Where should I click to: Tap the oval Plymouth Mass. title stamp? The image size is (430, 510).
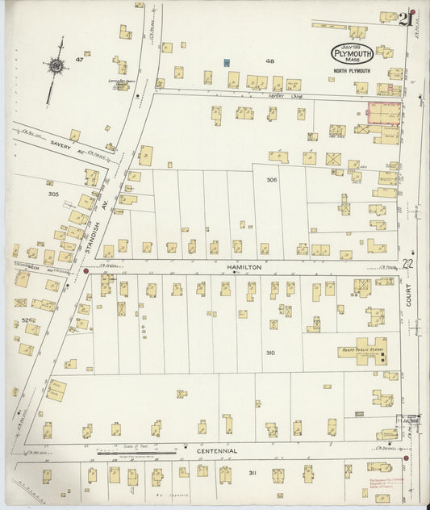pos(349,53)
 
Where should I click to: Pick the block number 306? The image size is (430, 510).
pos(272,180)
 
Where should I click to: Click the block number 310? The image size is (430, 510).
pos(269,353)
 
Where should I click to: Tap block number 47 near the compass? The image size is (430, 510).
pos(79,60)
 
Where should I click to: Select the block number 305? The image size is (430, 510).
pos(53,194)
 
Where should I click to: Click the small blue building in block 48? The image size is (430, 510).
pos(227,62)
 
